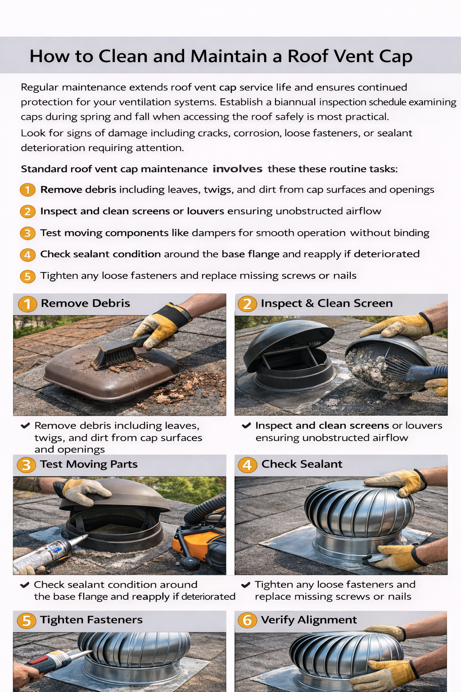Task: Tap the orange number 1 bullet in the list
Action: pyautogui.click(x=27, y=190)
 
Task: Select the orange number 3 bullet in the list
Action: pyautogui.click(x=27, y=233)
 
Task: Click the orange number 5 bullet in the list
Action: pyautogui.click(x=27, y=276)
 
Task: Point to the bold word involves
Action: pyautogui.click(x=237, y=169)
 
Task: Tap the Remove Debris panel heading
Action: pyautogui.click(x=85, y=303)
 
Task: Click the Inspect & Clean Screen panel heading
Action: pyautogui.click(x=326, y=303)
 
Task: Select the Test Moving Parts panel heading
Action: pyautogui.click(x=89, y=464)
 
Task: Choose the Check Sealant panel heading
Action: pyautogui.click(x=302, y=464)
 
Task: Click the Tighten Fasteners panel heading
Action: pyautogui.click(x=91, y=620)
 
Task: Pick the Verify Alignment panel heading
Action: pyautogui.click(x=309, y=620)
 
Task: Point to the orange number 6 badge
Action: pyautogui.click(x=247, y=620)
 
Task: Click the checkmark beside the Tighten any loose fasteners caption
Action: pyautogui.click(x=246, y=585)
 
